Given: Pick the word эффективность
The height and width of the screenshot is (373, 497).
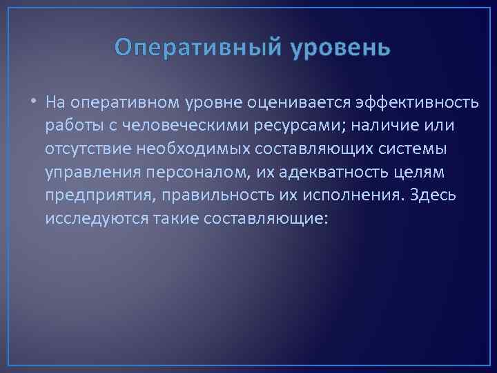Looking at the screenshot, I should tap(418, 104).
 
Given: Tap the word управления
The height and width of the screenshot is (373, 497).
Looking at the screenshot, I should tap(88, 172).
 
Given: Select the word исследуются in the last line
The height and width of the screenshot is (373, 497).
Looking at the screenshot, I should tap(90, 218).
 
